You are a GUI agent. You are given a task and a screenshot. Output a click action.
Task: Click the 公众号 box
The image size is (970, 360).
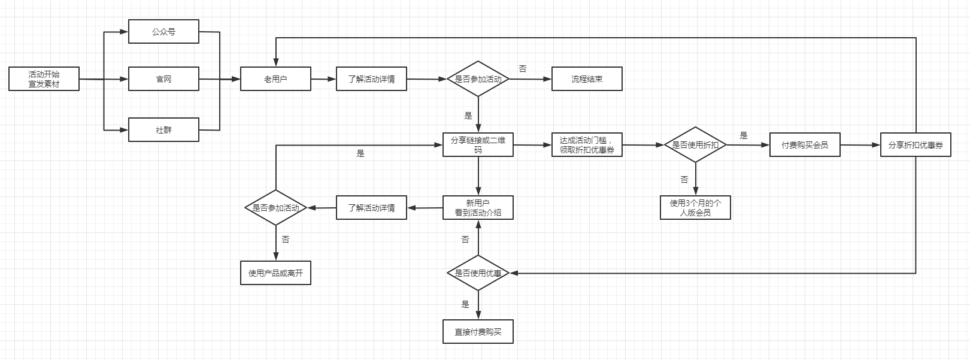click(163, 31)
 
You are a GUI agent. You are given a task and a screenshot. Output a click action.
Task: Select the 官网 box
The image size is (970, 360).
click(163, 79)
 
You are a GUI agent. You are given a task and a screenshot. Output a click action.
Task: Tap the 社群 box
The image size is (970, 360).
click(163, 129)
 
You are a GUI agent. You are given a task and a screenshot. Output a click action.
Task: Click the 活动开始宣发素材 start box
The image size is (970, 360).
click(44, 79)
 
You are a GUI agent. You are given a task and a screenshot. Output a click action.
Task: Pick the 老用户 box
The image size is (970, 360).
click(275, 79)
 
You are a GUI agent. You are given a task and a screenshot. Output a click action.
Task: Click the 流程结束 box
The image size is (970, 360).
click(587, 79)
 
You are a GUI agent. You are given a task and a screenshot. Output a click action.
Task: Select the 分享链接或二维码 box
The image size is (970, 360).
click(478, 145)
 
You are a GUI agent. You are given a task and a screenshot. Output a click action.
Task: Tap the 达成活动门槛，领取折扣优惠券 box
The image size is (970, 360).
click(587, 145)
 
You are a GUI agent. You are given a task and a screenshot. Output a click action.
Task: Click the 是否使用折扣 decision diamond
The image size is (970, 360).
click(695, 145)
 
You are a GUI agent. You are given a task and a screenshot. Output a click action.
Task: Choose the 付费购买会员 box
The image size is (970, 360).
click(805, 145)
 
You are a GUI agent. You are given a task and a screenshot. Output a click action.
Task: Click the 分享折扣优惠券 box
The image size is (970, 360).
click(916, 145)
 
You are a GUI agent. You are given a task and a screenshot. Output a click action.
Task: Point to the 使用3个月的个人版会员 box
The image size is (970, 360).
click(695, 207)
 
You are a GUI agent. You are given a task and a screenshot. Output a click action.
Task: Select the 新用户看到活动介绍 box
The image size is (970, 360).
click(478, 207)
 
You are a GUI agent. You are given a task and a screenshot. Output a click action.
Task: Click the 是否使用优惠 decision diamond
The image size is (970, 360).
click(478, 273)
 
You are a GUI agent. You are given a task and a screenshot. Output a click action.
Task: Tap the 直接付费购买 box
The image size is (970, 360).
click(478, 331)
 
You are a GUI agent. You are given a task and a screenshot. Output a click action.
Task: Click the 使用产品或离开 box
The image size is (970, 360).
click(275, 273)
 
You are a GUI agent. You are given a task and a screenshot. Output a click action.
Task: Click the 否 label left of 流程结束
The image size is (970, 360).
click(523, 69)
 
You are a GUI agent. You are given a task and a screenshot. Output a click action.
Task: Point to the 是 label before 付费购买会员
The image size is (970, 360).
click(744, 135)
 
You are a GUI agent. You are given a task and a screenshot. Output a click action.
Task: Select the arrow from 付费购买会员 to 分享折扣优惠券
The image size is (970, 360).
click(860, 145)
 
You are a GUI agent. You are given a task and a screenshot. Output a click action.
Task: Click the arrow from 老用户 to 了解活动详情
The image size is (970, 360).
click(323, 79)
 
